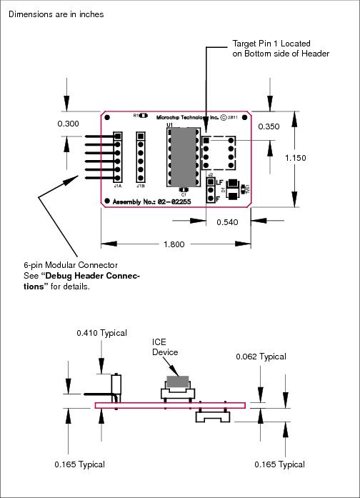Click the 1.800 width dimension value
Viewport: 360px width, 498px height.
coord(174,244)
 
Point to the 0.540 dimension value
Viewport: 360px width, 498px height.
coord(227,222)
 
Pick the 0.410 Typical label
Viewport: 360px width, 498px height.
coord(101,334)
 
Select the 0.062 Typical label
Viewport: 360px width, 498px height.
coord(261,357)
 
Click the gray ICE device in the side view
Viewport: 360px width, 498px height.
coord(179,381)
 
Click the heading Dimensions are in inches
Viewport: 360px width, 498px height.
coord(56,14)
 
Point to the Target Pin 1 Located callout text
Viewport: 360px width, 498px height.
coord(271,44)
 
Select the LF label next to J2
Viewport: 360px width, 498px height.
coord(219,183)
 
